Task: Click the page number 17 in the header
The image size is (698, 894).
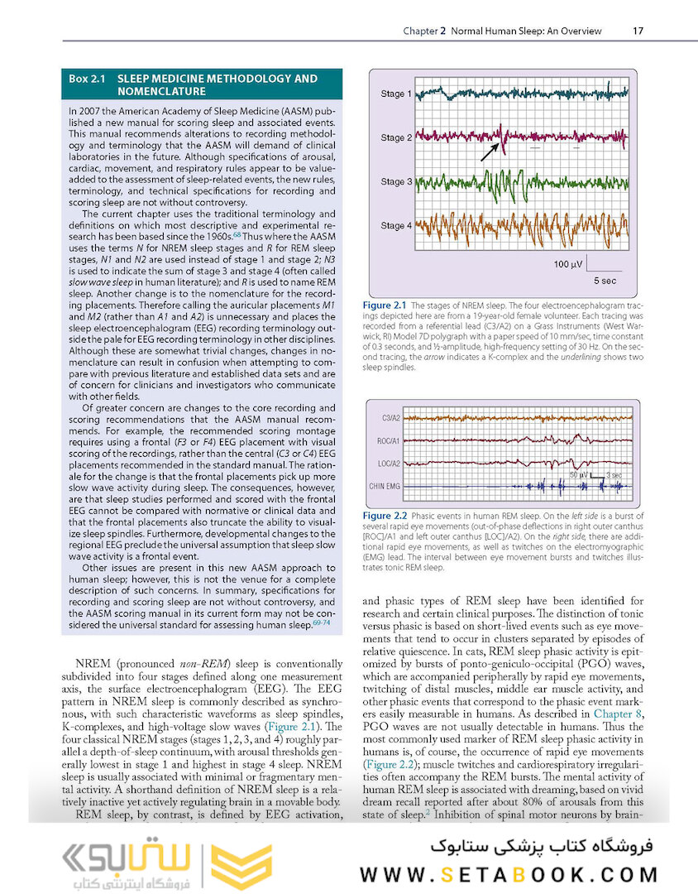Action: [638, 31]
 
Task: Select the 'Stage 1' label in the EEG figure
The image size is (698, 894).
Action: [393, 94]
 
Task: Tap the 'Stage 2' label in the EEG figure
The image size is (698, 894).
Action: [393, 138]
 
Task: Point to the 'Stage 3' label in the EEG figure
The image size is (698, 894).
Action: [393, 182]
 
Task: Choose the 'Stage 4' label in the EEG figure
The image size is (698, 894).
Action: [393, 226]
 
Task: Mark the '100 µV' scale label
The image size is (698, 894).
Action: [568, 264]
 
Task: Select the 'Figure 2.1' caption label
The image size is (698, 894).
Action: [384, 306]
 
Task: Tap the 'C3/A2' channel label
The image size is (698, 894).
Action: [386, 418]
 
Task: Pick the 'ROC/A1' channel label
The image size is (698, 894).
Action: [385, 441]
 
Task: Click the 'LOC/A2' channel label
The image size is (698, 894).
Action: [385, 464]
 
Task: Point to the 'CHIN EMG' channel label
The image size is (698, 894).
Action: [384, 486]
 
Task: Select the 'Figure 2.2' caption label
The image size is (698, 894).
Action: [384, 517]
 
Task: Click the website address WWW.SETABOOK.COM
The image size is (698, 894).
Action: [509, 874]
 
